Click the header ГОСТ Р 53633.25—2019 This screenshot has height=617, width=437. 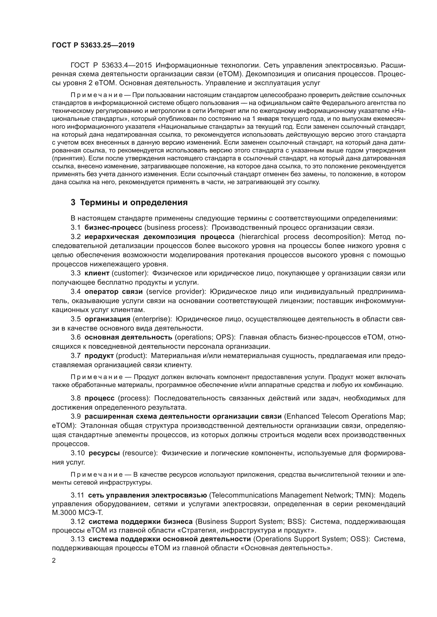(x=93, y=45)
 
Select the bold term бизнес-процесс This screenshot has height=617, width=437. (x=113, y=227)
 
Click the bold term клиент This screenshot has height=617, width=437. (x=97, y=273)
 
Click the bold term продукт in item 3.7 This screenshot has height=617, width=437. (x=99, y=356)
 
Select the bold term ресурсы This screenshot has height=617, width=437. (x=104, y=453)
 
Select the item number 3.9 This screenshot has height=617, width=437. (x=76, y=416)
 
